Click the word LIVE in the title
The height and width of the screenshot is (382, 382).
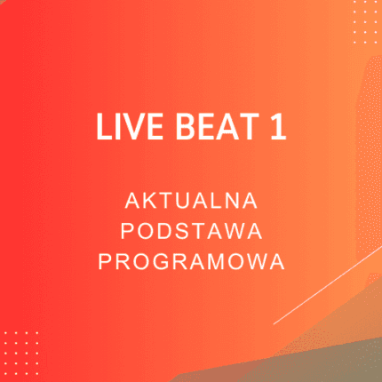pos(122,129)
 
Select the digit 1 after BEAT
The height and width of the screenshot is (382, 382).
pos(279,129)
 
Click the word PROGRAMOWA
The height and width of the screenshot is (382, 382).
pos(191,262)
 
